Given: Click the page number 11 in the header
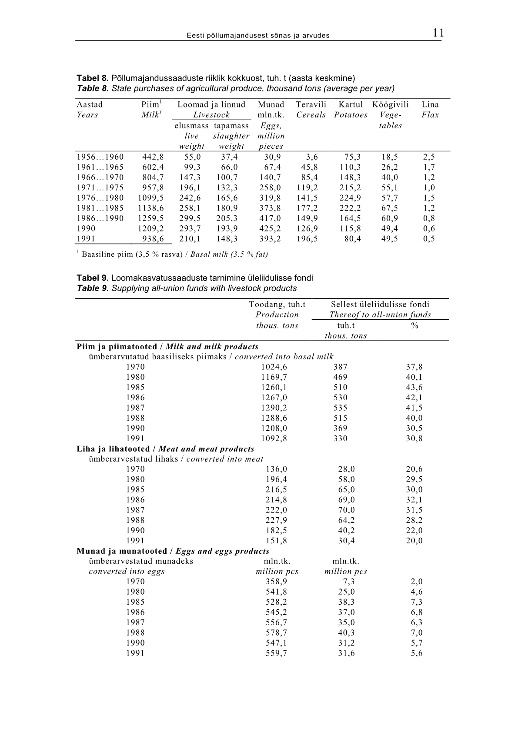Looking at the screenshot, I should pos(438,33).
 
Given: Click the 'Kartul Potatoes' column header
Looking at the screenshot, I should pos(351,110).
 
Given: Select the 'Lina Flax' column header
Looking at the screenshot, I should pos(430,110).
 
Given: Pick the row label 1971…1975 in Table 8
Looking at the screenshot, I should pos(100,188).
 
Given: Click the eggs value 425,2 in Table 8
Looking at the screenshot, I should pos(270,228).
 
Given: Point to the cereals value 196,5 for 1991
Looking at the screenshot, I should pos(307,239).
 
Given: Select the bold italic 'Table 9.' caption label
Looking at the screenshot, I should pos(93,288).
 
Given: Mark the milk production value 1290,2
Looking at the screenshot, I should pos(274,408).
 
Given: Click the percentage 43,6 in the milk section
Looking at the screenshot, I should pos(414,388).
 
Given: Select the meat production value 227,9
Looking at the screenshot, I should pos(276,520).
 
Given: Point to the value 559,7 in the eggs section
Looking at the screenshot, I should pos(276,653).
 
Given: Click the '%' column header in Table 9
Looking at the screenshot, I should pos(414,326).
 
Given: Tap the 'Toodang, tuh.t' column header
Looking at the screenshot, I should pos(277,305).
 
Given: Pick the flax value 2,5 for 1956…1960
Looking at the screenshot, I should pos(429,157).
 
